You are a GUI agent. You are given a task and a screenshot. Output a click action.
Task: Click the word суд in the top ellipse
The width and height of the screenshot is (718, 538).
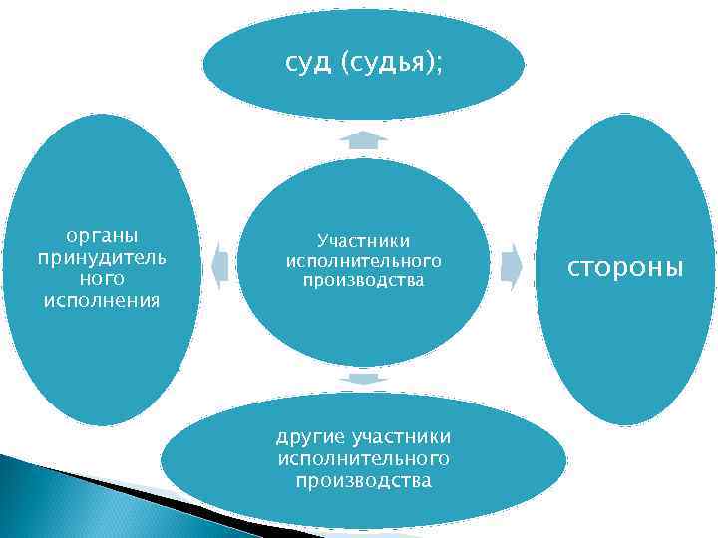[308, 64]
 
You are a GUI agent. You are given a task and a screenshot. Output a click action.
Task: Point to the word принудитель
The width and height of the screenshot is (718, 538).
[101, 258]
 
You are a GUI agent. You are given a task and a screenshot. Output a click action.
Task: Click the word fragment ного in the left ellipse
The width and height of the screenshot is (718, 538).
[101, 279]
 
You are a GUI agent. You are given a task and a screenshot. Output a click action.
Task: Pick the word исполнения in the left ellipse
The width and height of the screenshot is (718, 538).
[101, 300]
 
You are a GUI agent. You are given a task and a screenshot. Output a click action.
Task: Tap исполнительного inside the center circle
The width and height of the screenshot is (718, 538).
[364, 260]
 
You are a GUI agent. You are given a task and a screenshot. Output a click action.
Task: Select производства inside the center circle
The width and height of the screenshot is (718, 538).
[364, 280]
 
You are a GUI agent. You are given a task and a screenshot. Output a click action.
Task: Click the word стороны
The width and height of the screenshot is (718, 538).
[625, 268]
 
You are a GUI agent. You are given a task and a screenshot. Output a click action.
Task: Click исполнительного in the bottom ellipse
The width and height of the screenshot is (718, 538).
[364, 459]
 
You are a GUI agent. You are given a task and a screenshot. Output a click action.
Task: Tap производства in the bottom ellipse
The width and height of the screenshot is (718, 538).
[364, 481]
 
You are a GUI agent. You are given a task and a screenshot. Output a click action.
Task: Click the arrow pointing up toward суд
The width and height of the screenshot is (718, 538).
[363, 140]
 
